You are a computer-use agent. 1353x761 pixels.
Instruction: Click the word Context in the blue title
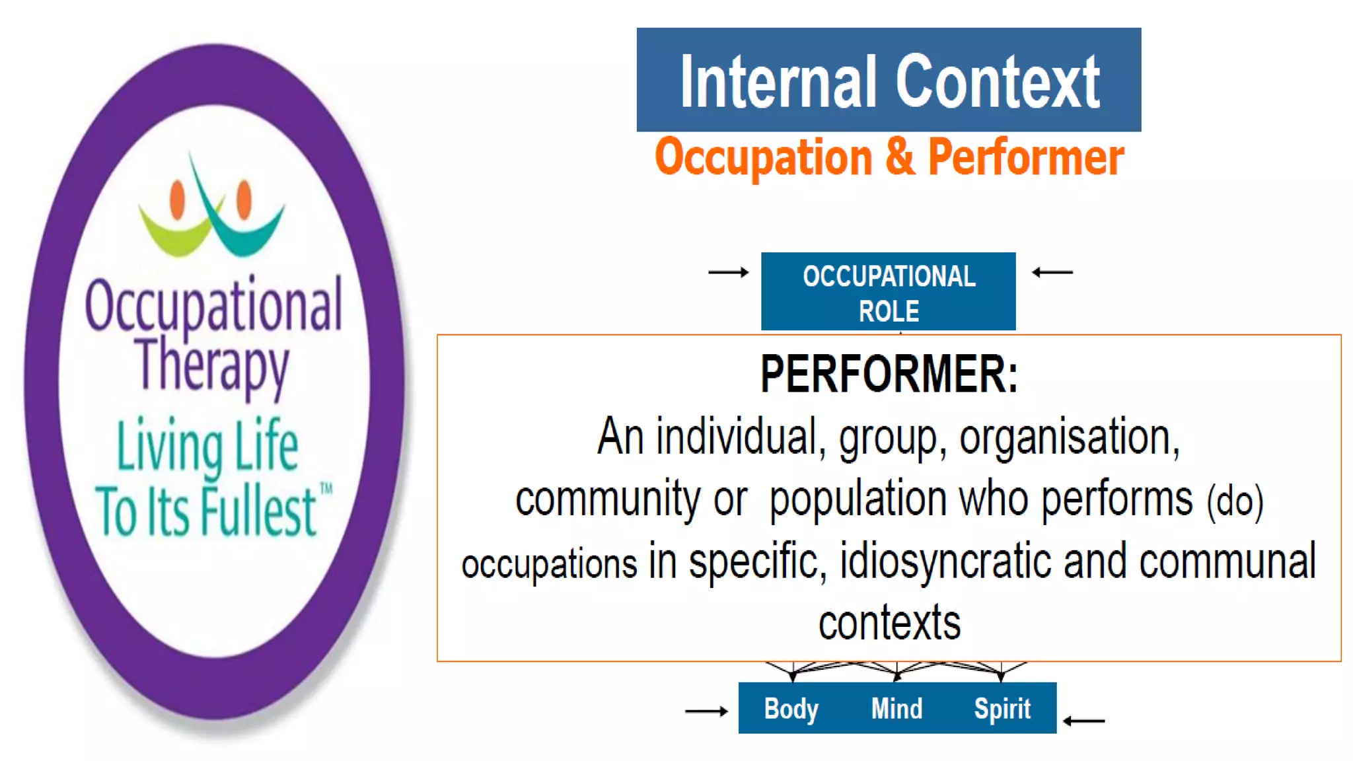click(998, 83)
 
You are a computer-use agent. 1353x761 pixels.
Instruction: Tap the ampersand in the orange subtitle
click(900, 157)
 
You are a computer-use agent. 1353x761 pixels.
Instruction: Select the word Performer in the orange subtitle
click(1025, 158)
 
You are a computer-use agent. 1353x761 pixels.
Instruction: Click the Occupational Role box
click(888, 292)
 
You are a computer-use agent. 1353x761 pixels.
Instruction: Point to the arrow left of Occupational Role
click(728, 272)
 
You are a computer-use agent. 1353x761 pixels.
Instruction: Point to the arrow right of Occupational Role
click(1052, 272)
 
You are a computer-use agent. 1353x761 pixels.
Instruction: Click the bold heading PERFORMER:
click(889, 375)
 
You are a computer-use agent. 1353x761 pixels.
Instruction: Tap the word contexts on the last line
click(889, 623)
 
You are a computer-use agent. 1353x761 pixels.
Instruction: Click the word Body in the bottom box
click(791, 709)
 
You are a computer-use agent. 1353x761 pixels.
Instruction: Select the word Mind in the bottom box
click(896, 709)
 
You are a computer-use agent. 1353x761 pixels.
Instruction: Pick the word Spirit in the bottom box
click(1002, 709)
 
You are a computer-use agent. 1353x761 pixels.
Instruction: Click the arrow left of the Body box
click(706, 711)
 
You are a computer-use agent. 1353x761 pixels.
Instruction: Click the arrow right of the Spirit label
click(1084, 721)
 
